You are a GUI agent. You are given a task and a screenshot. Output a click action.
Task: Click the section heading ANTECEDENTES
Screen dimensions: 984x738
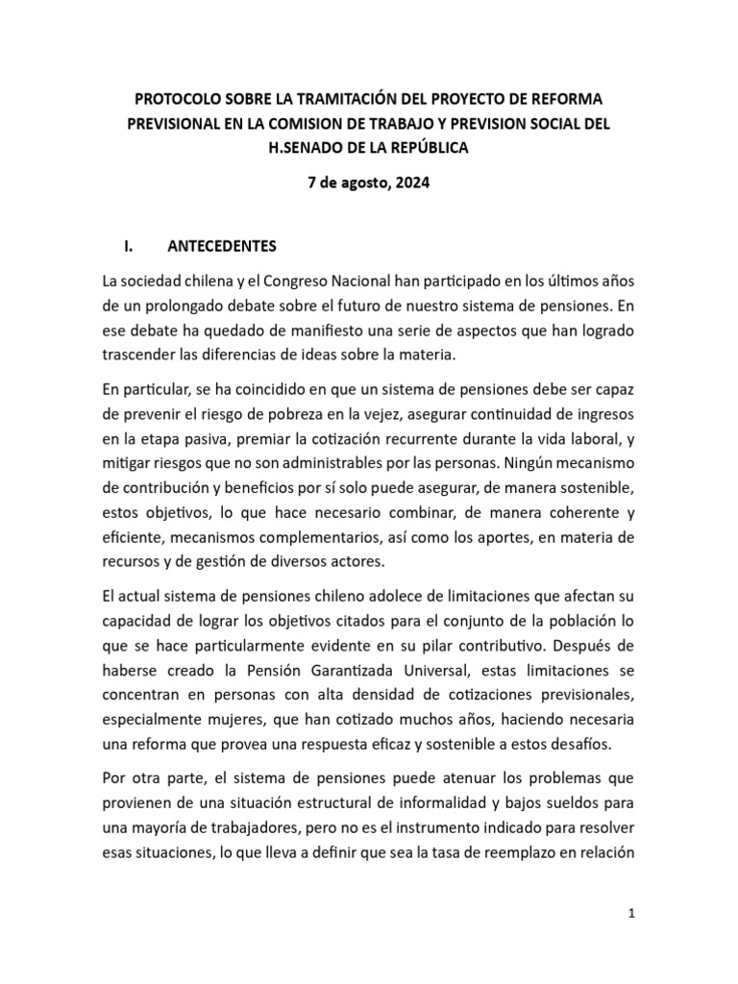pyautogui.click(x=222, y=245)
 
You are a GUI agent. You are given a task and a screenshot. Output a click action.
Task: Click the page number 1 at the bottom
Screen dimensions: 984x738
pyautogui.click(x=631, y=915)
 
